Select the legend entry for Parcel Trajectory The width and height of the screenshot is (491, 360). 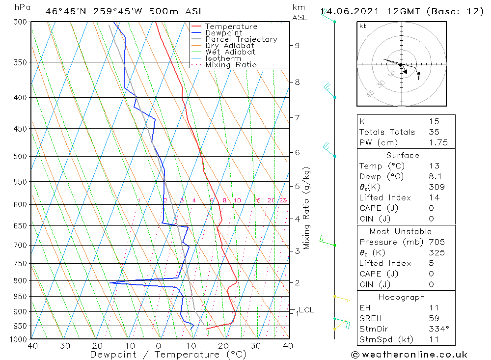[x=241, y=39]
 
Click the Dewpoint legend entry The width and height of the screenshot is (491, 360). [x=223, y=33]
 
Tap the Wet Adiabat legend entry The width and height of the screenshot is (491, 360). [x=230, y=52]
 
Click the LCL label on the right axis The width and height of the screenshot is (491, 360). [x=306, y=310]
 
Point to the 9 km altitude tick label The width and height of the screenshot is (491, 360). [x=297, y=46]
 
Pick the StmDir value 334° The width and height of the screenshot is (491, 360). [x=437, y=329]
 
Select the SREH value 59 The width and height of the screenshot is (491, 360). [x=433, y=318]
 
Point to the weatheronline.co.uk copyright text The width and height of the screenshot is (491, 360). [x=409, y=355]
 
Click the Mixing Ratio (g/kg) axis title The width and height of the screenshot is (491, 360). [x=307, y=208]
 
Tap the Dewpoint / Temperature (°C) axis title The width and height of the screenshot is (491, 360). [x=168, y=355]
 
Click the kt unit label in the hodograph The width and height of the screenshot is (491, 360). [x=362, y=26]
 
